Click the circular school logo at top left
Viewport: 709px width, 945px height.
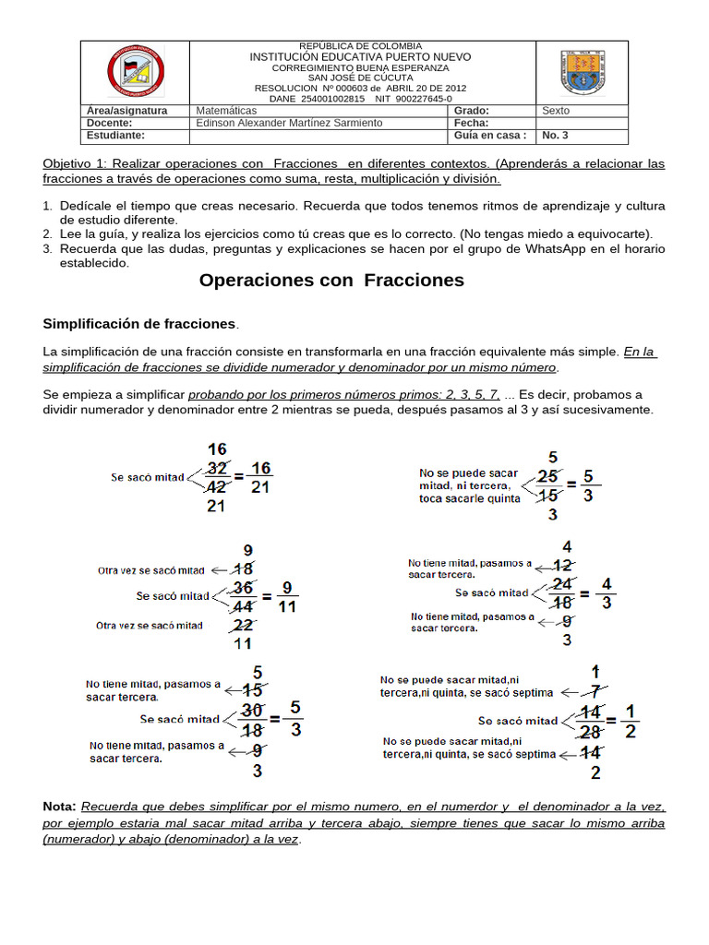(x=135, y=71)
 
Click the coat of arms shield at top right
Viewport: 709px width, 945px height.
(x=583, y=72)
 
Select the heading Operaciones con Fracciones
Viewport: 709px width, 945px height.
(x=331, y=281)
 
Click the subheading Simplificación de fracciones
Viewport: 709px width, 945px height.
(x=139, y=324)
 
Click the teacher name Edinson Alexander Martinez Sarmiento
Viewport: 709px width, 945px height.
(x=289, y=123)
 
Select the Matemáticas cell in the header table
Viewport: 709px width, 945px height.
(x=226, y=111)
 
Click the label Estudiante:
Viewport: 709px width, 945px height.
(x=115, y=136)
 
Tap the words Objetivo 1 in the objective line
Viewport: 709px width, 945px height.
(x=75, y=163)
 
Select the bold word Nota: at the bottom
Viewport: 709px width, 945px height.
(x=60, y=806)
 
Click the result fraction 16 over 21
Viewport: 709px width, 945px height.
(x=260, y=477)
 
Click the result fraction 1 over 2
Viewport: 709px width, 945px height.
(x=629, y=721)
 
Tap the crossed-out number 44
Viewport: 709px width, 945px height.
(x=244, y=606)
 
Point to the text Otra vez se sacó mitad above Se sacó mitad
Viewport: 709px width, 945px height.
(x=150, y=570)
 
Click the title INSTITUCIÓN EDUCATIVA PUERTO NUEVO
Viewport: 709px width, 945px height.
(x=360, y=57)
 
